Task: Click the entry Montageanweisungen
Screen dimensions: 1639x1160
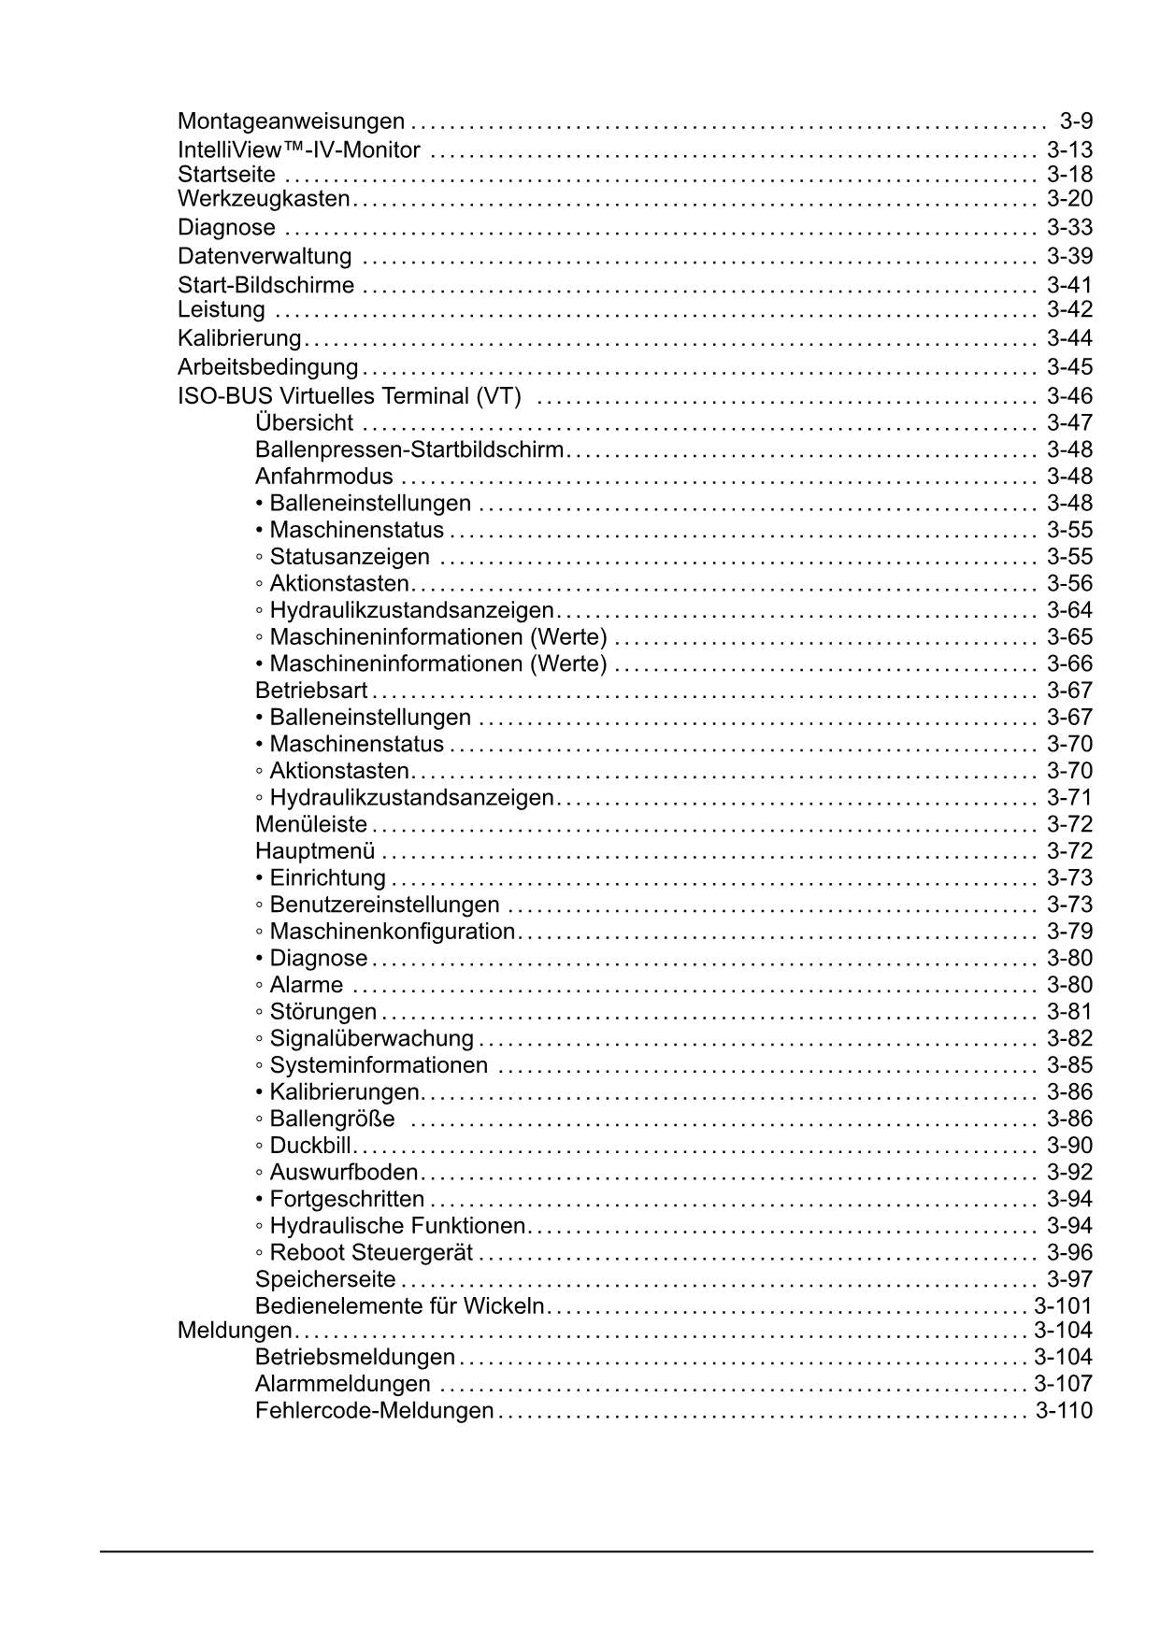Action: pos(291,121)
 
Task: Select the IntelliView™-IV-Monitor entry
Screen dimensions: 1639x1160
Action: pos(299,150)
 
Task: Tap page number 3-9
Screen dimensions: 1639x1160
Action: pos(1076,121)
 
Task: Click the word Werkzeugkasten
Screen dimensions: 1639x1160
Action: pos(264,199)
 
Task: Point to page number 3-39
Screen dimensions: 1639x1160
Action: pos(1069,256)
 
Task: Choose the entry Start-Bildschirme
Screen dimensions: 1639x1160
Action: pos(266,285)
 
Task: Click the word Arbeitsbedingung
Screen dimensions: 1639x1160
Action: pos(267,367)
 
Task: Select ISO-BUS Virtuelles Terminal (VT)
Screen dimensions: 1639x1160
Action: pos(350,396)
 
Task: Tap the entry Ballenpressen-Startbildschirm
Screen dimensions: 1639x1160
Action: pos(409,450)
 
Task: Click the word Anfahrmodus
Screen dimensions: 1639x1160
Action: pos(324,477)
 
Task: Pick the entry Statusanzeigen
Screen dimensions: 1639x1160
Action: pos(349,557)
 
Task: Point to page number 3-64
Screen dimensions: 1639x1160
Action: pos(1069,611)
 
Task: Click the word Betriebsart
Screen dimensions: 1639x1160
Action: pos(311,691)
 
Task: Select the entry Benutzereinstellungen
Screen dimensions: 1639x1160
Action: pos(383,905)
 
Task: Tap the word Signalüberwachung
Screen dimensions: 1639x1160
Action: pos(371,1039)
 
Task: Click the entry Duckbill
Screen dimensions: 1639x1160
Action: pos(309,1147)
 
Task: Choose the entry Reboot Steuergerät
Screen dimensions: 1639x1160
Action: pos(371,1253)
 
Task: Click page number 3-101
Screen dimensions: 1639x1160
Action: pos(1063,1306)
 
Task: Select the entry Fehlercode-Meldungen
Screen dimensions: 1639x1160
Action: pos(374,1411)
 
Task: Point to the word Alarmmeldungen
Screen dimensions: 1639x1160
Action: pos(343,1384)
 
